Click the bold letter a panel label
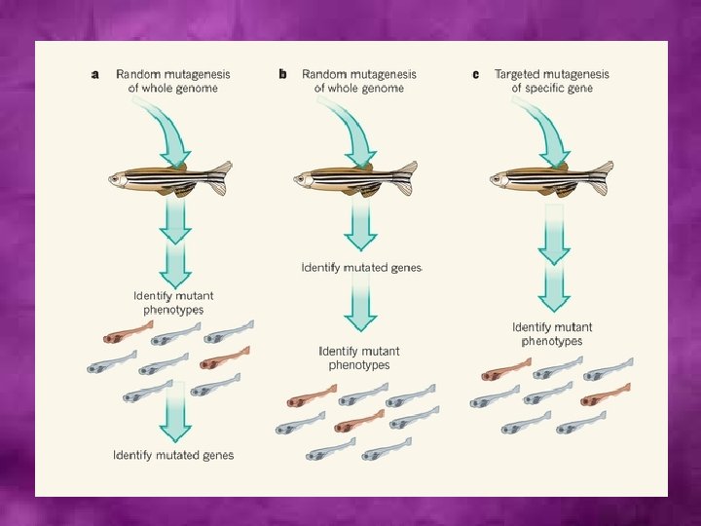[94, 74]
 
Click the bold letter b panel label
[282, 74]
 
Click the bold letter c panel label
[475, 74]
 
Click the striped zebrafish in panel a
[169, 177]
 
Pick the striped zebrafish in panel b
[355, 177]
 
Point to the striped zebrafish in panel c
[550, 177]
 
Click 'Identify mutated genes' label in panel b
[361, 267]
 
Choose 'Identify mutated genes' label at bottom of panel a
[173, 455]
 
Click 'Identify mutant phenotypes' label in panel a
[173, 302]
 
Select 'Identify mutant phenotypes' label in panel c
[552, 334]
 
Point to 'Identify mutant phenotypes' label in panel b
[359, 357]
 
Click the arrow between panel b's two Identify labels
[360, 307]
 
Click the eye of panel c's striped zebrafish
[500, 177]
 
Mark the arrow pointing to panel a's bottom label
[175, 414]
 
